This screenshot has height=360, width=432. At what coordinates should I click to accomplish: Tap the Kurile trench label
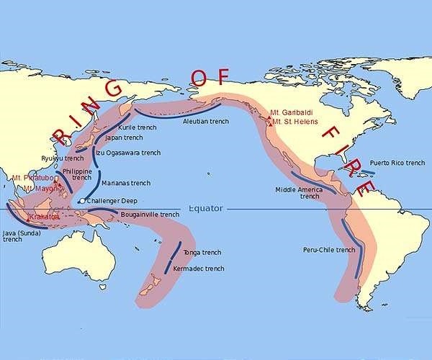pos(138,127)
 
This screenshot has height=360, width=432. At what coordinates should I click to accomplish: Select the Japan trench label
pos(124,138)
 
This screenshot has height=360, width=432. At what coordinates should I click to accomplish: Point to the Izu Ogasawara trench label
pos(128,153)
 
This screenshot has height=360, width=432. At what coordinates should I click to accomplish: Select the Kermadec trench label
pos(199,269)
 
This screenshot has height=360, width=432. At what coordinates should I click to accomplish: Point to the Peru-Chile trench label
pos(329,250)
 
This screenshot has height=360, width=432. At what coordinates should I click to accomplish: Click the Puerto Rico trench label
pos(397,163)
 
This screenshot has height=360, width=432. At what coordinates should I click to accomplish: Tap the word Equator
pos(206,209)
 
